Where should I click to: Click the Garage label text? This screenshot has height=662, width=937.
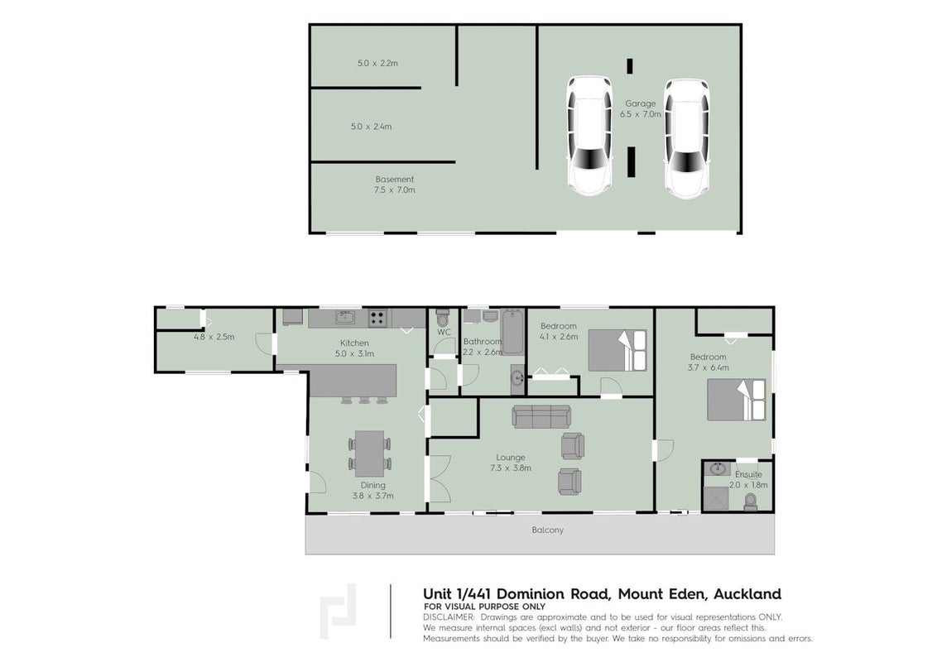coord(640,103)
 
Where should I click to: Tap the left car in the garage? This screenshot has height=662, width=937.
coord(590,135)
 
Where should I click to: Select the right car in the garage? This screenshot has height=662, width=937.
coord(687,139)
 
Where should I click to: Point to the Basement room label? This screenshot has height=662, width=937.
coord(394,180)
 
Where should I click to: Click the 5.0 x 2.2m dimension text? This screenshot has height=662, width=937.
coord(377,63)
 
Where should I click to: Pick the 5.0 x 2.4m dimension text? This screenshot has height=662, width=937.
coord(371,127)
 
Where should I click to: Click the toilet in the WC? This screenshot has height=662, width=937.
coord(443,316)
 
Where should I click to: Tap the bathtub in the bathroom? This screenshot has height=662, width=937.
coord(512,332)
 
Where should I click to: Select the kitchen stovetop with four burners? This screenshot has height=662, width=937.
coord(377,318)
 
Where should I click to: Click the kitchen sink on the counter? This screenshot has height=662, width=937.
coord(345,317)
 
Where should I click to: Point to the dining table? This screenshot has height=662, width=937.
coord(370,453)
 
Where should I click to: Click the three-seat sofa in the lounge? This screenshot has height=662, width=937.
coord(541,416)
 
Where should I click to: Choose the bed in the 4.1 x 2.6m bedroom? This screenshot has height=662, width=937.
coord(617,351)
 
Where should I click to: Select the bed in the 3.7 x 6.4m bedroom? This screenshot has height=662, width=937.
coord(736,400)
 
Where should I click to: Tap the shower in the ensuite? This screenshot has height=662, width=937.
coord(716,499)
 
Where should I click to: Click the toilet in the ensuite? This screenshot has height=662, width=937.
coord(751,501)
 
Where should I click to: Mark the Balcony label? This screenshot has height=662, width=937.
coord(547,530)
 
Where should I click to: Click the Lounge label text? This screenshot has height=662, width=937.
coord(511,458)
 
